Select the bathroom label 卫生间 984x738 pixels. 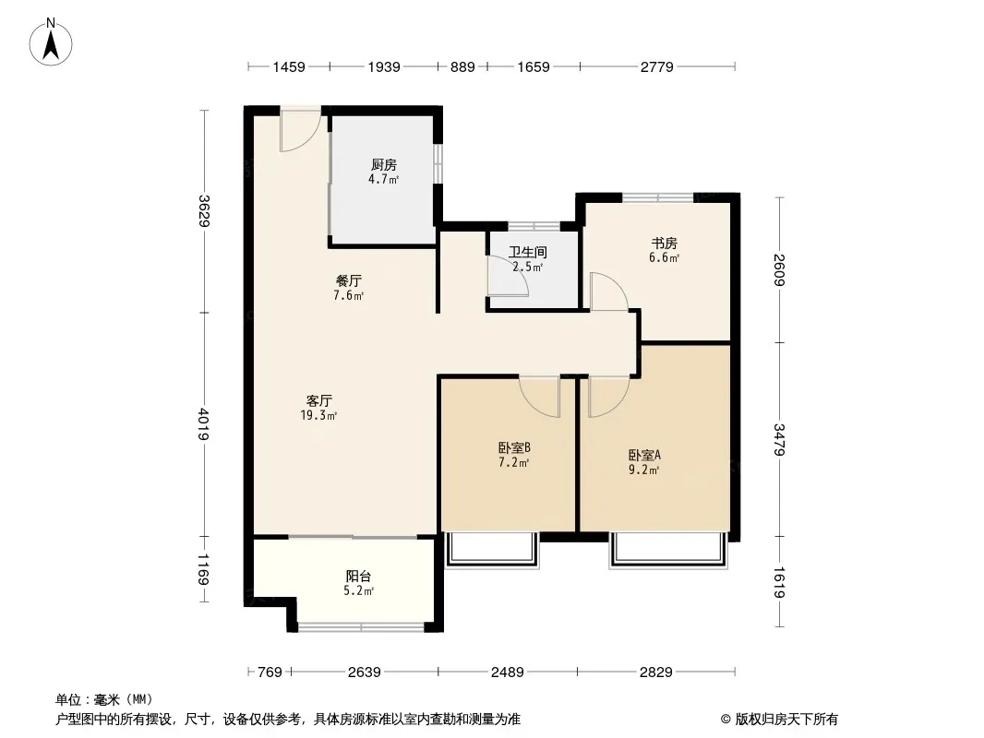tap(527, 252)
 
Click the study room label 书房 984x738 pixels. tap(665, 244)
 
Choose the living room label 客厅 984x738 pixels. tap(319, 400)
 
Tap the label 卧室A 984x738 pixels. tap(644, 455)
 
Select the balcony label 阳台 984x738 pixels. tap(360, 577)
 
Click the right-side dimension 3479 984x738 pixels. tap(781, 440)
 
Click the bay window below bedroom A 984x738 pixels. tap(667, 550)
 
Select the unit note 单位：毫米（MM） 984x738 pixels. tap(104, 700)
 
